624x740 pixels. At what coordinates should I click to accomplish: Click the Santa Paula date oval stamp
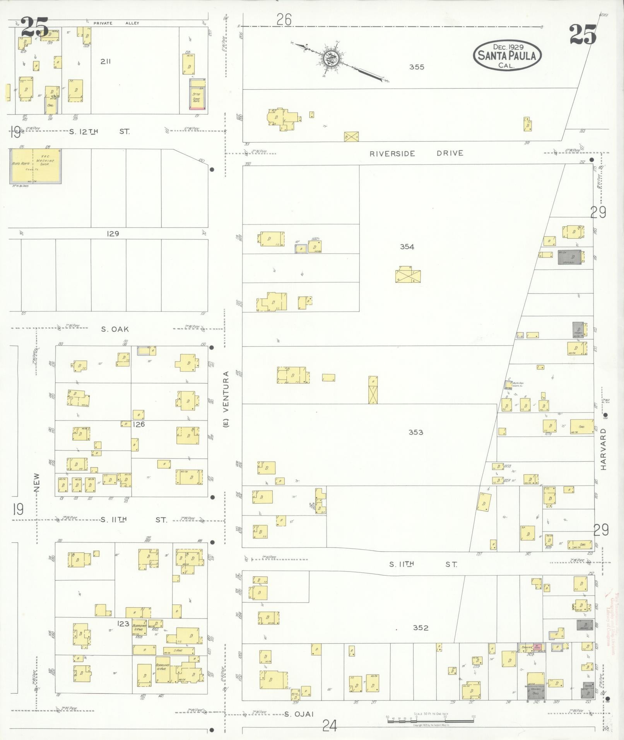pyautogui.click(x=507, y=55)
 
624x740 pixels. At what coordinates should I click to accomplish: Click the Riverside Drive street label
pyautogui.click(x=416, y=153)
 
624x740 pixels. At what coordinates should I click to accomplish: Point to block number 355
pyautogui.click(x=417, y=67)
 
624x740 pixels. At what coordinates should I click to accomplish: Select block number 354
pyautogui.click(x=407, y=246)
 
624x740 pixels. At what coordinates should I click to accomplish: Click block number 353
pyautogui.click(x=415, y=432)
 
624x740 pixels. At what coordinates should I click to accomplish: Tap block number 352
pyautogui.click(x=420, y=627)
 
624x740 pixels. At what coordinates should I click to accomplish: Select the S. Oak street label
pyautogui.click(x=115, y=329)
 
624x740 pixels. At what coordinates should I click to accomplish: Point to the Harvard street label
pyautogui.click(x=603, y=449)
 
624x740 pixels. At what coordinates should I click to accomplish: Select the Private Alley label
pyautogui.click(x=116, y=23)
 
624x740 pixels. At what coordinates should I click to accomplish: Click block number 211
pyautogui.click(x=105, y=61)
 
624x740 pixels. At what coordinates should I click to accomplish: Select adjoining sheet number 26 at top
pyautogui.click(x=284, y=19)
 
